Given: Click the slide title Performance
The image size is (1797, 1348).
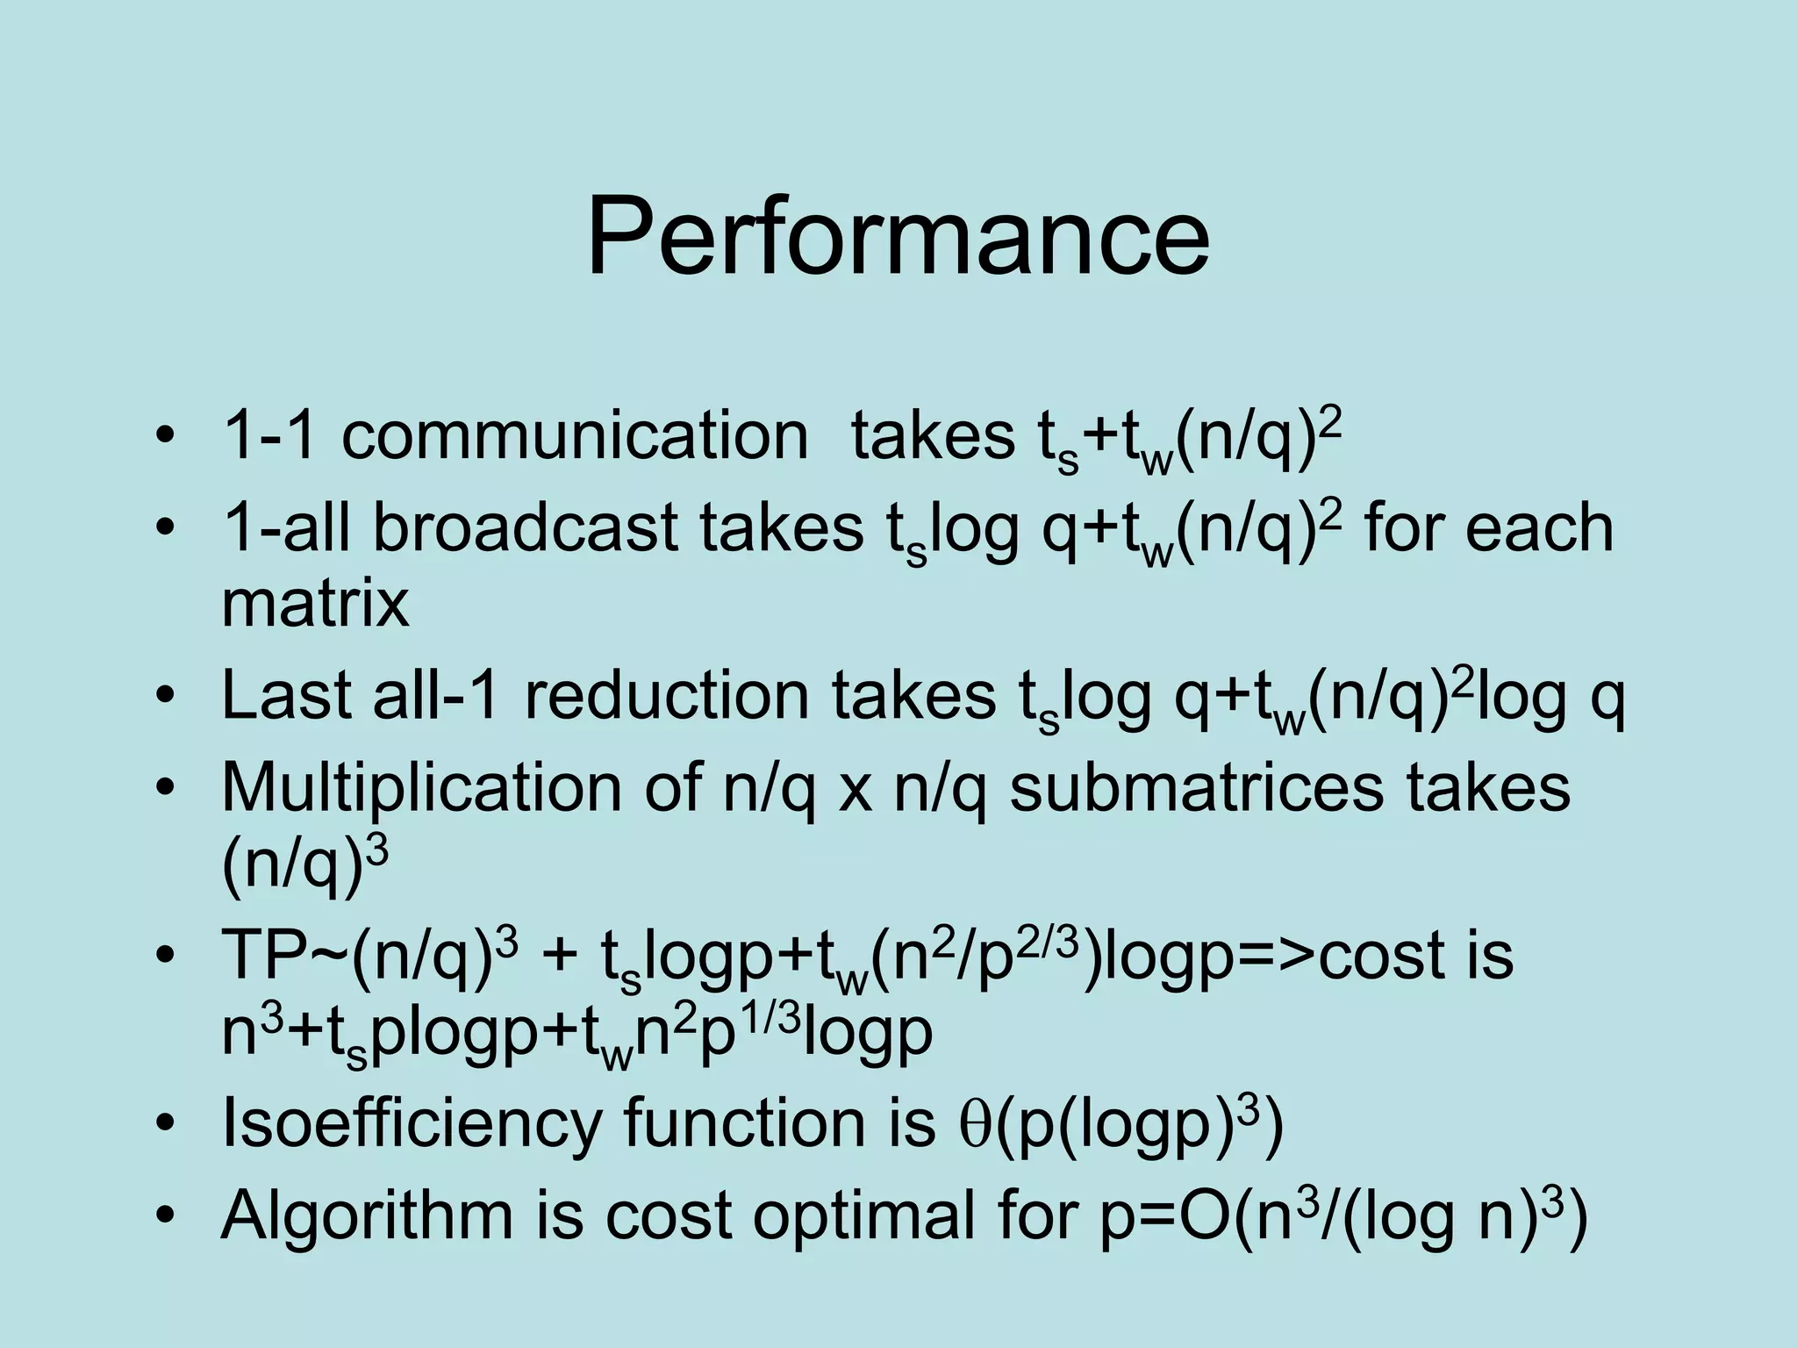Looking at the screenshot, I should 898,237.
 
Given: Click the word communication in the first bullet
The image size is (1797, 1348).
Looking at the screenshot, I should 575,436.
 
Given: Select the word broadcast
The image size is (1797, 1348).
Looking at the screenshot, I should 526,528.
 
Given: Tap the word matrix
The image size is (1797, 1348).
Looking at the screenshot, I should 315,603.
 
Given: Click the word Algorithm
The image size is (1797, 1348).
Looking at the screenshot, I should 367,1216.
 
